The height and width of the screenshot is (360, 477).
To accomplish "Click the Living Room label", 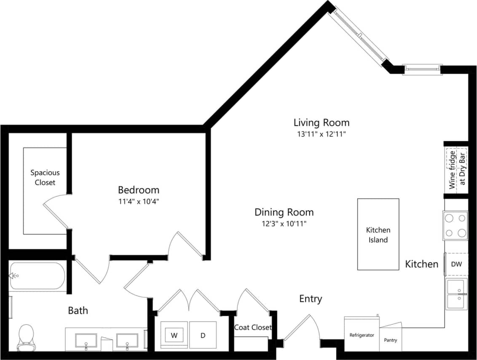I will coord(321,123).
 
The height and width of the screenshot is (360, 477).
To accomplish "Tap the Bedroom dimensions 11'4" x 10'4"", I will coord(138,201).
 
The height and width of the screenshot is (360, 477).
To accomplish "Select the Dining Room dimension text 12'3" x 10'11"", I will coord(284,224).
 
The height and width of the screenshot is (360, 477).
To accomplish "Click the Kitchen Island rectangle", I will coord(378,234).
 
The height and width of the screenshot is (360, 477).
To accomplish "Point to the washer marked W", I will coord(174,335).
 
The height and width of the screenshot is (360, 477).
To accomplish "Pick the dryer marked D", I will coord(203,335).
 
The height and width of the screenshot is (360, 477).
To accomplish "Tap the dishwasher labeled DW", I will coord(456,264).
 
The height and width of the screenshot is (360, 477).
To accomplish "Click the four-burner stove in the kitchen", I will coord(455,225).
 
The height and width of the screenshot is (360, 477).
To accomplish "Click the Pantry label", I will coord(390,340).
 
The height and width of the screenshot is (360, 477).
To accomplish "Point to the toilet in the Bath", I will coord(26,337).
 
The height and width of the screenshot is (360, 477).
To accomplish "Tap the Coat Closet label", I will coord(253,327).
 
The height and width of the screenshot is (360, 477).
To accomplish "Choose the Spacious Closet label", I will coord(45,177).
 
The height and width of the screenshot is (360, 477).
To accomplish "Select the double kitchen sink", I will coord(456,294).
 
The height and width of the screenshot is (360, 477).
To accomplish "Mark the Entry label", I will coord(311,299).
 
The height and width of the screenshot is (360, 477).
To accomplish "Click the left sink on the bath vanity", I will coord(86,340).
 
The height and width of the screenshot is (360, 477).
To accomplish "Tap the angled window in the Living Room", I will coord(359,36).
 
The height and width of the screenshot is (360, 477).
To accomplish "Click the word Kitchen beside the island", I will coord(421,264).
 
